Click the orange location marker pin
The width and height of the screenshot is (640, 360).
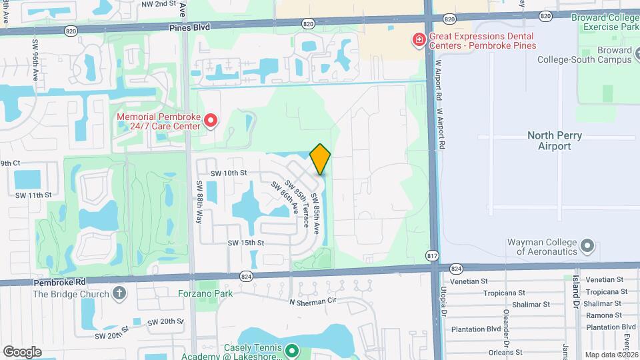click(x=321, y=159)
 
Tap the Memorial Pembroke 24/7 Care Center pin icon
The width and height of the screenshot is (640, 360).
click(x=211, y=120)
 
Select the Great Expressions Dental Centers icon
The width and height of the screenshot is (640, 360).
click(x=419, y=41)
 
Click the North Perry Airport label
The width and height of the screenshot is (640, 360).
click(x=555, y=141)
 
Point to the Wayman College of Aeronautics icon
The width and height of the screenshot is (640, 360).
click(x=587, y=246)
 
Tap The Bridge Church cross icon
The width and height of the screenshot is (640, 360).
click(x=119, y=293)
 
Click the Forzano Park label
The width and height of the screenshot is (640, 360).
click(x=204, y=293)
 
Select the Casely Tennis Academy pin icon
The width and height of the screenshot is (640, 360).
click(x=291, y=349)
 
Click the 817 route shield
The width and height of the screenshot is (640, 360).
click(x=432, y=255)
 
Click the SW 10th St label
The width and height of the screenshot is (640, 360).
click(x=229, y=173)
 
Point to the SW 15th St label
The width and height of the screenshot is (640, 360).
click(x=246, y=243)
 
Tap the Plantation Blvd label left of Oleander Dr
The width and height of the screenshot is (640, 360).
click(x=475, y=329)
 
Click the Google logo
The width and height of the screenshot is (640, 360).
click(x=22, y=351)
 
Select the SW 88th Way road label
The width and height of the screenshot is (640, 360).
click(x=199, y=202)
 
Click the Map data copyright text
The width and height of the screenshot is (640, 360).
click(x=610, y=355)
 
